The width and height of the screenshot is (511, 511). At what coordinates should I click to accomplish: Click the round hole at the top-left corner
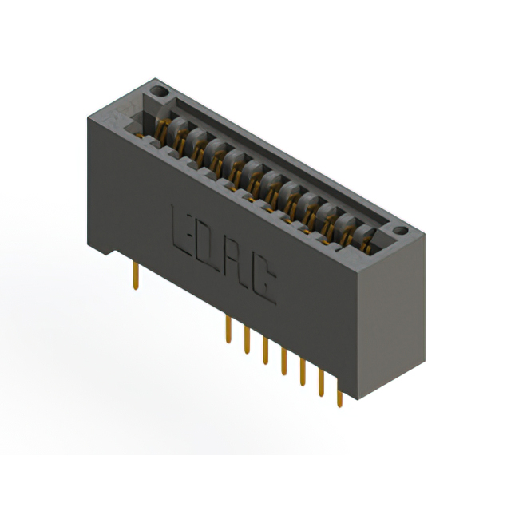158,92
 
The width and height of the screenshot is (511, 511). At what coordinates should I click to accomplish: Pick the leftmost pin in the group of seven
229,328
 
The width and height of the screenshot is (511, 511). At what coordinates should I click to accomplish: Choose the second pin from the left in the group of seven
248,339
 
